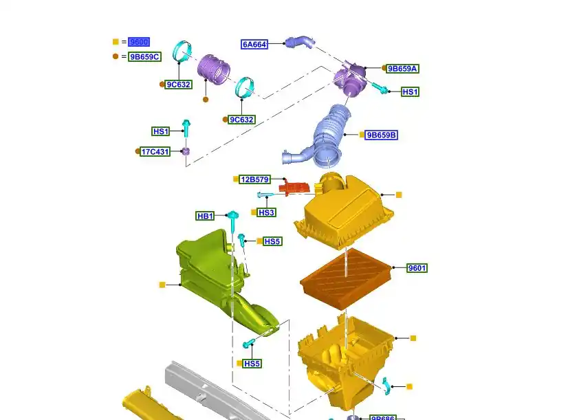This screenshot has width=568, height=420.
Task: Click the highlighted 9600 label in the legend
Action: [x=138, y=42]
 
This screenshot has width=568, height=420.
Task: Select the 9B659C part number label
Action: [x=144, y=57]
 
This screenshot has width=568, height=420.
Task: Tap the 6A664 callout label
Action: [x=254, y=45]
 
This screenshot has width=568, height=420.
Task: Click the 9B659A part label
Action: [x=403, y=69]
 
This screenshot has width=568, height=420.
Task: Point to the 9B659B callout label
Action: [x=382, y=135]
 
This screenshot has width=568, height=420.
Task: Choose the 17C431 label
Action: [x=155, y=151]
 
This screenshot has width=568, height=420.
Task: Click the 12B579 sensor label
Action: [x=254, y=179]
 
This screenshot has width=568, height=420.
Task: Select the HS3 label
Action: [x=267, y=213]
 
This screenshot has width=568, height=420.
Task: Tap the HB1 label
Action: [x=206, y=217]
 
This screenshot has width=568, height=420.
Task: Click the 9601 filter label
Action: [x=417, y=268]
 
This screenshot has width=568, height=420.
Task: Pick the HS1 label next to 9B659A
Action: [x=411, y=91]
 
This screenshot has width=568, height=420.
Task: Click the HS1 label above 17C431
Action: [x=161, y=131]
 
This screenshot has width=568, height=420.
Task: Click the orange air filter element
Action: [x=346, y=279]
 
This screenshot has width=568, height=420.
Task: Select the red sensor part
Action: [x=296, y=187]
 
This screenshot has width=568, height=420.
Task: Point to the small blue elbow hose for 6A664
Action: [x=300, y=43]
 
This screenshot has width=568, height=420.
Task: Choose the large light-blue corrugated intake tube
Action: [x=330, y=134]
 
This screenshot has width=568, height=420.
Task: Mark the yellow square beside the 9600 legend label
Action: [x=116, y=42]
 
